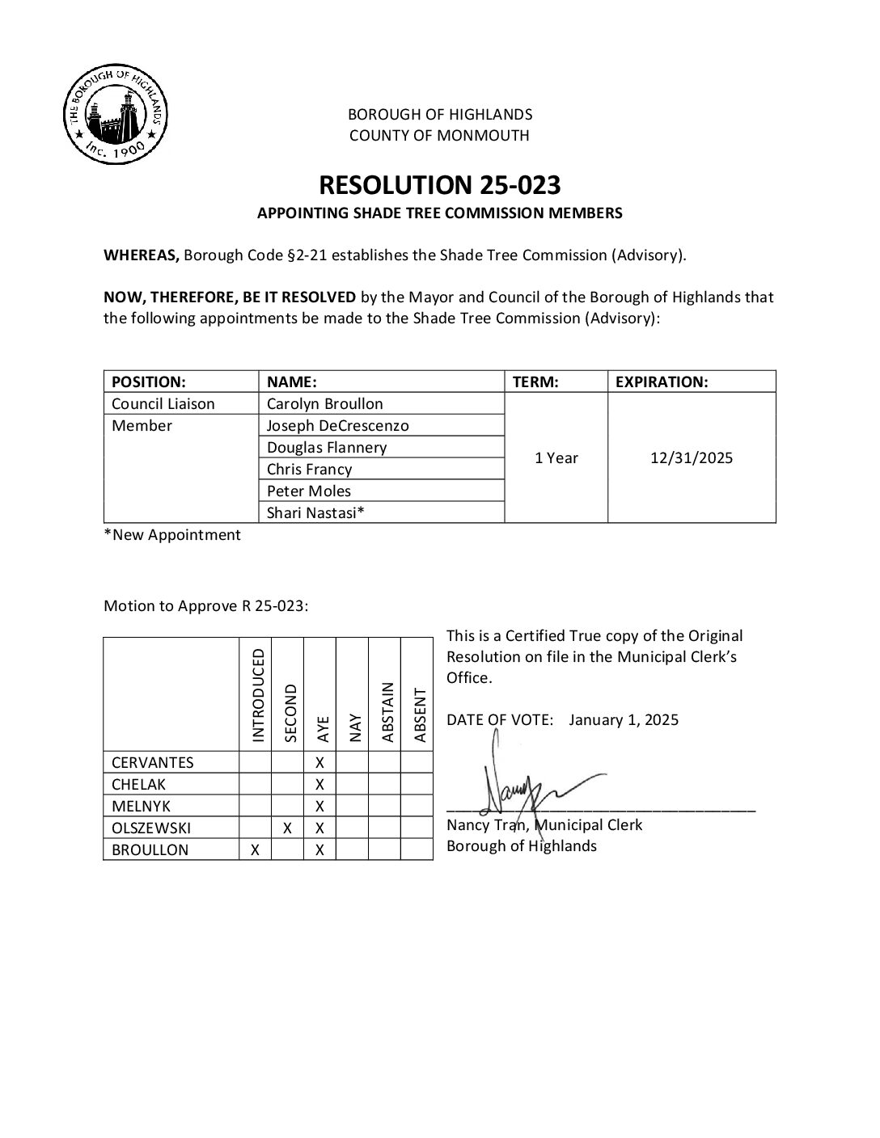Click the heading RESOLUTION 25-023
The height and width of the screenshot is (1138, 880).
tap(439, 185)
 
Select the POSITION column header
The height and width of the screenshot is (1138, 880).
tap(149, 381)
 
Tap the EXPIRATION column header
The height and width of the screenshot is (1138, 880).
tap(662, 381)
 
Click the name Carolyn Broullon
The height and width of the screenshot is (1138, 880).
tap(325, 403)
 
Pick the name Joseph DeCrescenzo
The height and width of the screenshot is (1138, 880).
tap(338, 425)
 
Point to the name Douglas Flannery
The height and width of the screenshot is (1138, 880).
tap(327, 447)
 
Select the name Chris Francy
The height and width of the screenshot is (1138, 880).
tap(309, 469)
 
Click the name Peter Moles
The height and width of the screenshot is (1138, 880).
tap(309, 491)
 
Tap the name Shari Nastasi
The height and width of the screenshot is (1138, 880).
tap(315, 512)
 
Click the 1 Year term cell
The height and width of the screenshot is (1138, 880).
tap(556, 457)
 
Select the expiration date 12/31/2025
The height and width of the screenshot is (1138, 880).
tap(691, 457)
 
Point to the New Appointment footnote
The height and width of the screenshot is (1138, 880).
tap(172, 534)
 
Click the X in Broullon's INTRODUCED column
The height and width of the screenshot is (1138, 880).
tap(255, 849)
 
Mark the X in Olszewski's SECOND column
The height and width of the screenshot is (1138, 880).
tap(287, 828)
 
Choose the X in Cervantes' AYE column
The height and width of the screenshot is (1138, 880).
tap(319, 762)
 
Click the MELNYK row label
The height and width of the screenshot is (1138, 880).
tap(141, 806)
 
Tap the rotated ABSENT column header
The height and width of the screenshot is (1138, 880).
tap(419, 714)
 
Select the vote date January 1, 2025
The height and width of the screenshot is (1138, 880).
tap(624, 719)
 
